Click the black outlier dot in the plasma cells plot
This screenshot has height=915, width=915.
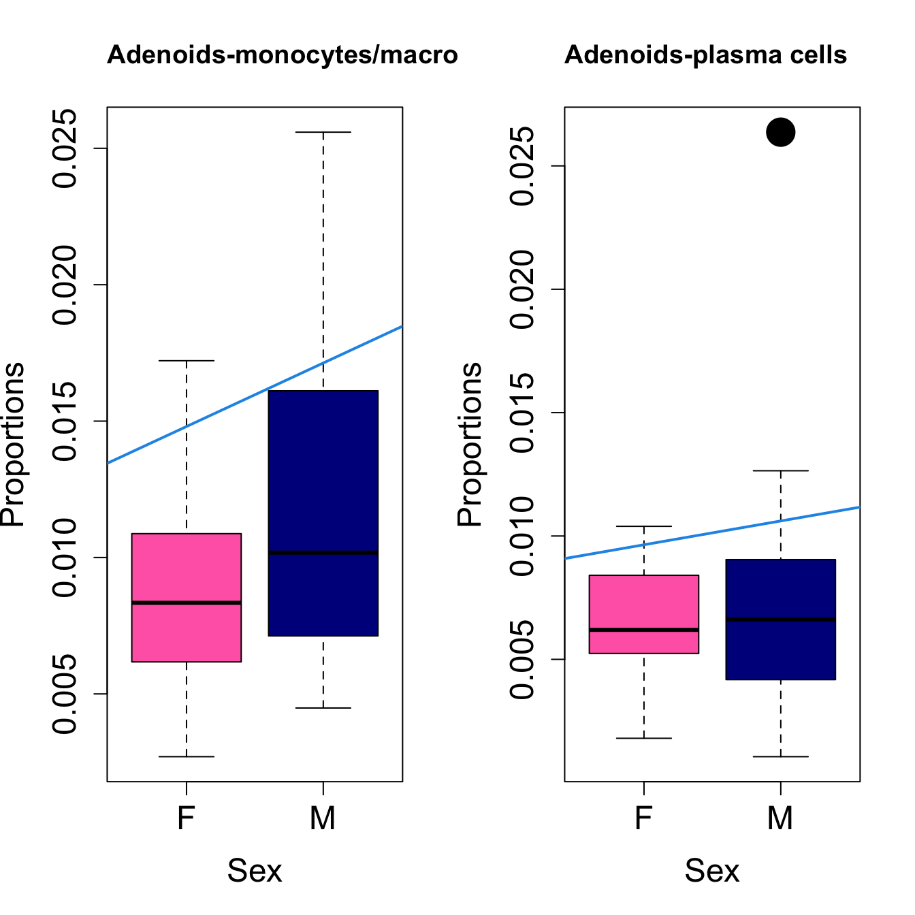pyautogui.click(x=780, y=132)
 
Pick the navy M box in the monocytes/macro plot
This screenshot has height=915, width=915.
pyautogui.click(x=323, y=477)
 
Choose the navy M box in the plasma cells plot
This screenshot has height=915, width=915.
pyautogui.click(x=780, y=654)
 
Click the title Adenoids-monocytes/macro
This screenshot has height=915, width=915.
pyautogui.click(x=283, y=55)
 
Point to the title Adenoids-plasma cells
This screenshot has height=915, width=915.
pyautogui.click(x=705, y=55)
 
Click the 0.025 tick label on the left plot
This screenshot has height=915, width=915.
pyautogui.click(x=66, y=148)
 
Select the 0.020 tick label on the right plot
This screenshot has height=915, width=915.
pyautogui.click(x=524, y=289)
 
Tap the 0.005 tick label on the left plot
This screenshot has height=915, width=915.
pyautogui.click(x=66, y=694)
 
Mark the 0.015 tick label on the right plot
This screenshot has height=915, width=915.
pyautogui.click(x=524, y=413)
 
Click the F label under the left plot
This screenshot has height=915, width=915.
pyautogui.click(x=187, y=818)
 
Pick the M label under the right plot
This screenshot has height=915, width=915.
pyautogui.click(x=780, y=818)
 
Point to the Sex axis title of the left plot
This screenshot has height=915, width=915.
pyautogui.click(x=255, y=871)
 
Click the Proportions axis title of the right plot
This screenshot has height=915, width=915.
pyautogui.click(x=470, y=444)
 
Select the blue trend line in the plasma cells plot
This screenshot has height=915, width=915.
pyautogui.click(x=712, y=532)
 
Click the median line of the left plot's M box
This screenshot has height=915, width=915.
pyautogui.click(x=323, y=553)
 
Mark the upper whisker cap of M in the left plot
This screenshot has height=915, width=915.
pyautogui.click(x=323, y=132)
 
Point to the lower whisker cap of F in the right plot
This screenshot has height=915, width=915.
pyautogui.click(x=644, y=738)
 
